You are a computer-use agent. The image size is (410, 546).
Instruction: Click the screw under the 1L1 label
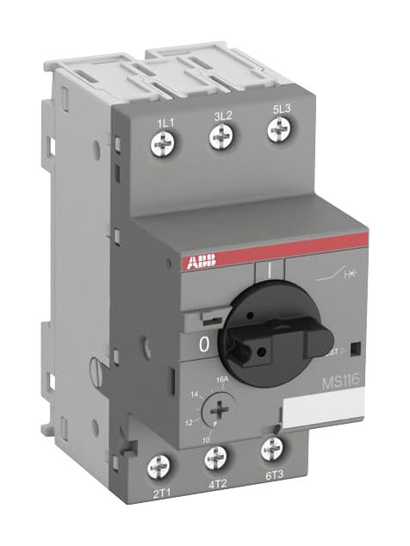162,145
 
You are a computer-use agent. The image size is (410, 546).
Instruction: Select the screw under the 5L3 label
277,129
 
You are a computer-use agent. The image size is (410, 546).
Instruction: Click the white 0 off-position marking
203,344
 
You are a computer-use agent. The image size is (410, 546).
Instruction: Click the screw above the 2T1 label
158,468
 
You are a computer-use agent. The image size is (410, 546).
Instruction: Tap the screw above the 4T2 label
216,459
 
